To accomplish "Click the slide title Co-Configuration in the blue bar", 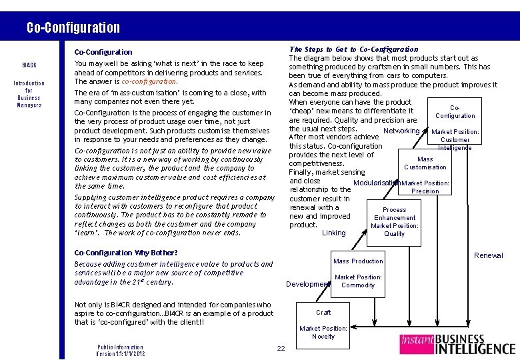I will [73, 28].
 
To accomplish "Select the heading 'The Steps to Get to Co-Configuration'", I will [353, 49].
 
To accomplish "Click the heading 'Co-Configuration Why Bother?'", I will [126, 253].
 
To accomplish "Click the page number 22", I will [281, 348].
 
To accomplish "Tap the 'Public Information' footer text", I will [120, 347].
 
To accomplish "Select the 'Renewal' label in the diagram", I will [488, 255].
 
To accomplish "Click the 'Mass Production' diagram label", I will [358, 261].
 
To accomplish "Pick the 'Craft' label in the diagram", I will [323, 312].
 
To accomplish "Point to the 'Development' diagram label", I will [307, 284].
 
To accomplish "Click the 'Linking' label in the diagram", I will [334, 233].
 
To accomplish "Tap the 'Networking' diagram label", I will [402, 131].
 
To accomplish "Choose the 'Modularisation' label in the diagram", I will [377, 183].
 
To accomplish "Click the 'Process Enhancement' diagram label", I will [395, 213].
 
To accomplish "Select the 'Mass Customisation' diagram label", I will [425, 163].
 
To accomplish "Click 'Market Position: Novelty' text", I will [323, 332].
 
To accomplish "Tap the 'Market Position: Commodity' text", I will [358, 281].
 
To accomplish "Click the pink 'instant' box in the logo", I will [417, 343].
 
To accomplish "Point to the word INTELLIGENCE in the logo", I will [475, 348].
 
